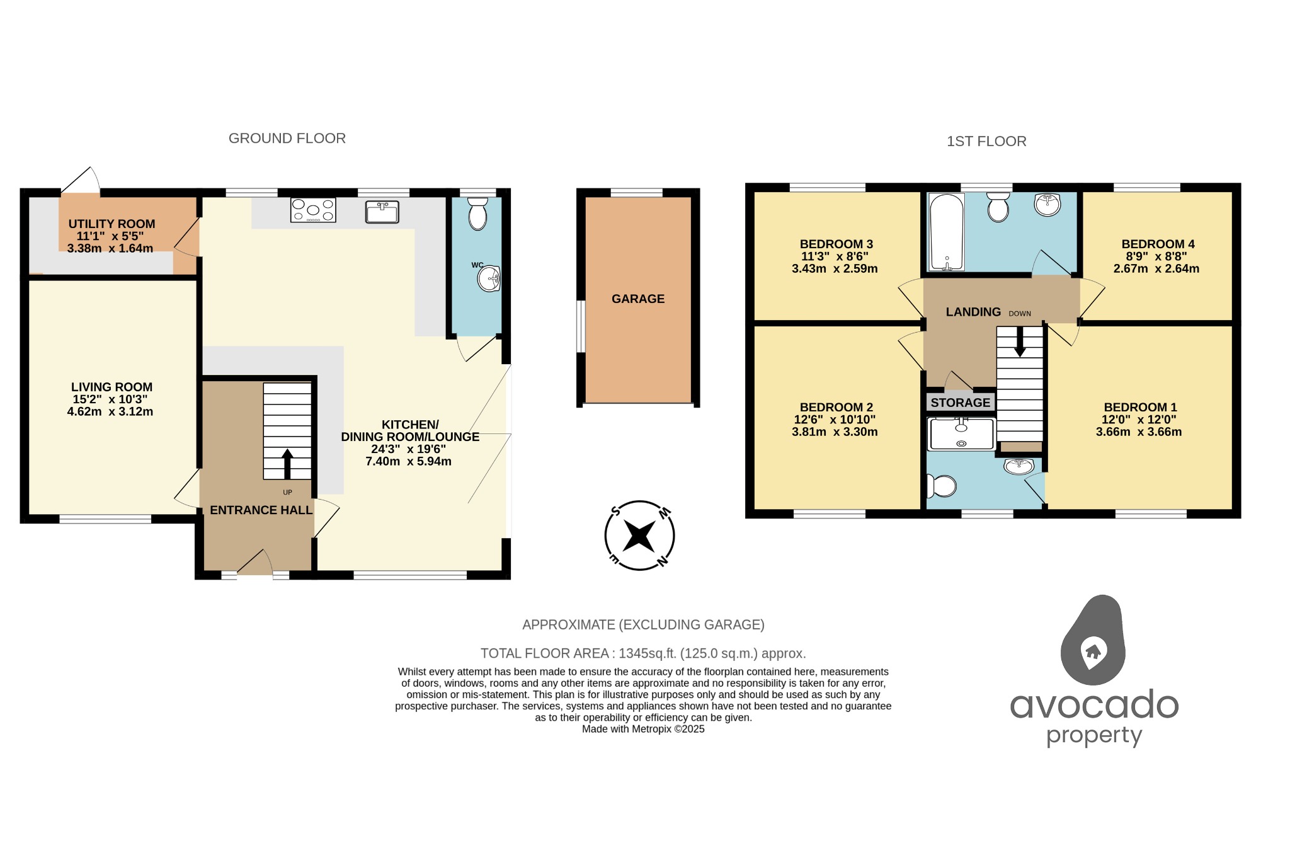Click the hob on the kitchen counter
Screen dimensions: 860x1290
(x=313, y=210)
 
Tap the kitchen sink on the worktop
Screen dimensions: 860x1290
(x=382, y=212)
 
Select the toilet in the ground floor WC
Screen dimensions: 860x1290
(x=478, y=214)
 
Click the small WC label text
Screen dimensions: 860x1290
(x=477, y=265)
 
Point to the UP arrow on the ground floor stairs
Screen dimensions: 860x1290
(x=287, y=464)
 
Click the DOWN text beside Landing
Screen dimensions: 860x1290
(x=1020, y=314)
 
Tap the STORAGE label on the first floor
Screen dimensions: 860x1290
(x=960, y=403)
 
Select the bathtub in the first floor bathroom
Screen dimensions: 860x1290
(x=947, y=232)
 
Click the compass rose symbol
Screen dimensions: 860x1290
(x=639, y=536)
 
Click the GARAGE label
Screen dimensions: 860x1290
(x=637, y=299)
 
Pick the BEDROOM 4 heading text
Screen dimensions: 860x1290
(x=1158, y=244)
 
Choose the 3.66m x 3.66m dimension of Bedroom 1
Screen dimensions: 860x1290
(x=1138, y=432)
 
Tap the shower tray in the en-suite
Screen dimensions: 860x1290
(x=961, y=434)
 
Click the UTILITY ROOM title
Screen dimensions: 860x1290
(x=111, y=224)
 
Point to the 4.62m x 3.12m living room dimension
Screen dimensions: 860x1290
(x=110, y=412)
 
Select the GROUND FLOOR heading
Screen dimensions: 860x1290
(x=287, y=139)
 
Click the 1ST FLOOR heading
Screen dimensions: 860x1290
(x=986, y=142)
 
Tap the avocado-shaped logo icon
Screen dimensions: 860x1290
(x=1093, y=640)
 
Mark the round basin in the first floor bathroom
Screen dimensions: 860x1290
(x=1047, y=204)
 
